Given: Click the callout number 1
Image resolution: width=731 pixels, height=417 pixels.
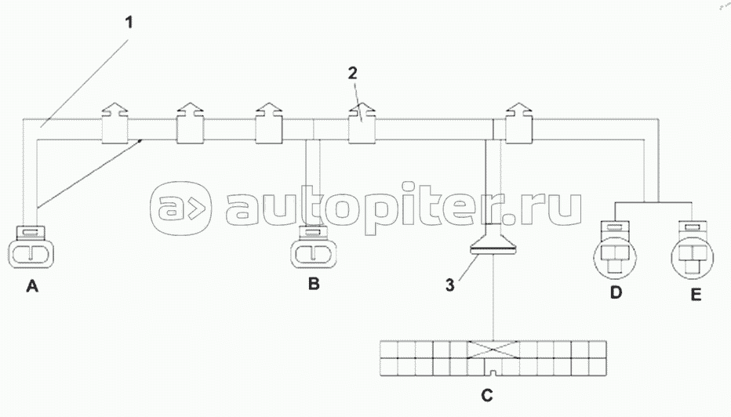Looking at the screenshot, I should point(130,21).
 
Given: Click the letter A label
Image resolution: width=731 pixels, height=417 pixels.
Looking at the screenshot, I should point(32,288).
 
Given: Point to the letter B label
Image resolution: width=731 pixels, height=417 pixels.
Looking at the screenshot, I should point(314,285).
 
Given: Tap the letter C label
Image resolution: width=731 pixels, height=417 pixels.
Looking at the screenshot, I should point(487,395).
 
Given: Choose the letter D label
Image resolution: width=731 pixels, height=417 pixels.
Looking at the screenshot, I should point(616,293).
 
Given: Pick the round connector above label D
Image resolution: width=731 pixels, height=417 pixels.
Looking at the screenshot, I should point(616,253).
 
